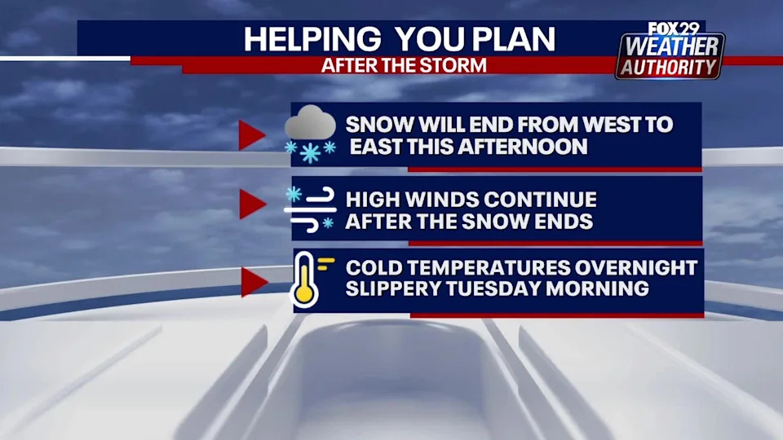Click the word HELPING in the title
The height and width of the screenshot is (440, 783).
312,39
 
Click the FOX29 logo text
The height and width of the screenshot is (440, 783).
674,29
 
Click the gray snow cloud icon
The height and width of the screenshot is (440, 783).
310,123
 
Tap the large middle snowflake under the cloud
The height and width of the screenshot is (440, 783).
310,153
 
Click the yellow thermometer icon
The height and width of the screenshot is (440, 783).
305,279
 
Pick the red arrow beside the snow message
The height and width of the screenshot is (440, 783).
251,134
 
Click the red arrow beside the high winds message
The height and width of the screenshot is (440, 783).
252,204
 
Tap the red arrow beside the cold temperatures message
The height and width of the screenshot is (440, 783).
254,282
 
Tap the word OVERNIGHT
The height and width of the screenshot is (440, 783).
635,267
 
